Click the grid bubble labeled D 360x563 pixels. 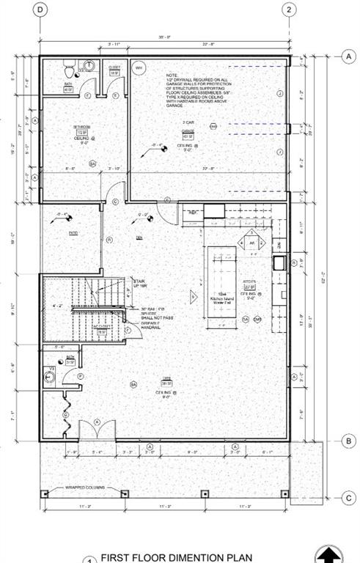[40, 10]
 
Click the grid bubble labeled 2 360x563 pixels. [290, 10]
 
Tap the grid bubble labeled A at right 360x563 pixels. [349, 56]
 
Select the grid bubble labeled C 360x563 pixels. [349, 498]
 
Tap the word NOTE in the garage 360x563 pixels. [172, 75]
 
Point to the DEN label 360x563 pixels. [139, 238]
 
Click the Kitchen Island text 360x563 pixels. [221, 300]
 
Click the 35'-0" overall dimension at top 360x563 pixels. [164, 37]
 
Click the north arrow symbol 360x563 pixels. [329, 554]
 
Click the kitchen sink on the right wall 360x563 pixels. [279, 262]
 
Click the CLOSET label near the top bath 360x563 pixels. [114, 70]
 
